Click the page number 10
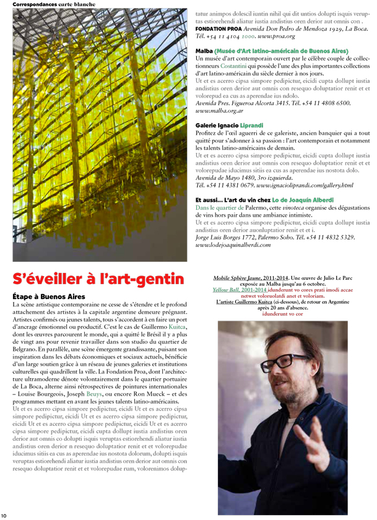[4, 515]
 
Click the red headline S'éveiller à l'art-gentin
[99, 279]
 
